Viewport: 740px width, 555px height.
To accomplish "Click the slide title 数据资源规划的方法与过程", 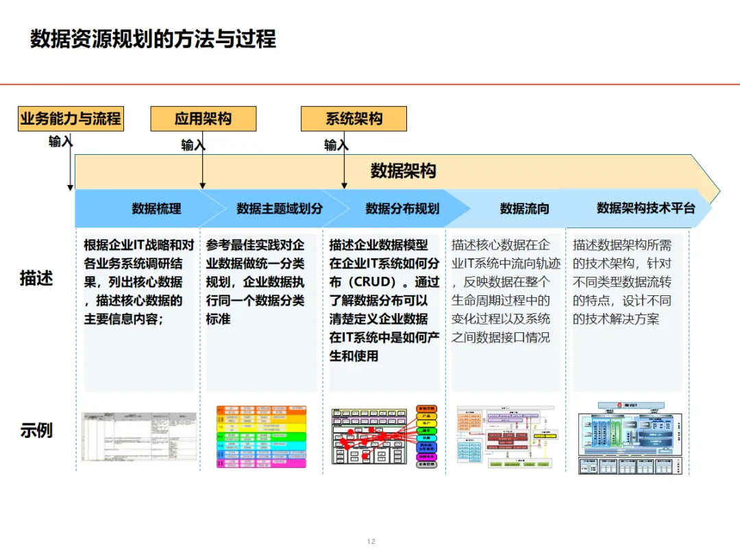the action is coord(153,38).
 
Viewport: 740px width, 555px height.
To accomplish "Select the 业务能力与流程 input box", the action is coord(71,119).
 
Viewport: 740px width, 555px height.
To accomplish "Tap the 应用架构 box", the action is coord(203,119).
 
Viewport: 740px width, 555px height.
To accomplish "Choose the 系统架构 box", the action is coord(354,119).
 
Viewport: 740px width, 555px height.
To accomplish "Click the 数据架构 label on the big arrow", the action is coord(403,171).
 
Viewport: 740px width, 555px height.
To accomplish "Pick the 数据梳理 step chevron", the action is coord(156,208).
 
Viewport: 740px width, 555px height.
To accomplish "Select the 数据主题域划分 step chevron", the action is coord(279,208).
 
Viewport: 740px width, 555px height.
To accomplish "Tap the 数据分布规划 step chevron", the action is coord(402,208).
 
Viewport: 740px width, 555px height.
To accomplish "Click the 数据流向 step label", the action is coord(524,208).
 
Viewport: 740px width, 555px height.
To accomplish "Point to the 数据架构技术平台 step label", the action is coord(645,208).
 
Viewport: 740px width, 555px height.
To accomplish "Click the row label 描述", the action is coord(36,279).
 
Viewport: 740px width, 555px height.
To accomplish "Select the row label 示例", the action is coord(36,431).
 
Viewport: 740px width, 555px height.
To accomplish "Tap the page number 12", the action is coord(371,541).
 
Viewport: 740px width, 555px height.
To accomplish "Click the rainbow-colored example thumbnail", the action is coord(261,436).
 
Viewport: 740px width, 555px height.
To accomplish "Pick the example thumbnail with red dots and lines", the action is coord(384,436).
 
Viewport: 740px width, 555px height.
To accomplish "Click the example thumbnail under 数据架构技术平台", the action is coord(630,438).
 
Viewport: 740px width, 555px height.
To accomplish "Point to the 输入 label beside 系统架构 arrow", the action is coord(336,145).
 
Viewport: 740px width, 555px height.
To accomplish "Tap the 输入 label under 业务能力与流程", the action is coord(60,142).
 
